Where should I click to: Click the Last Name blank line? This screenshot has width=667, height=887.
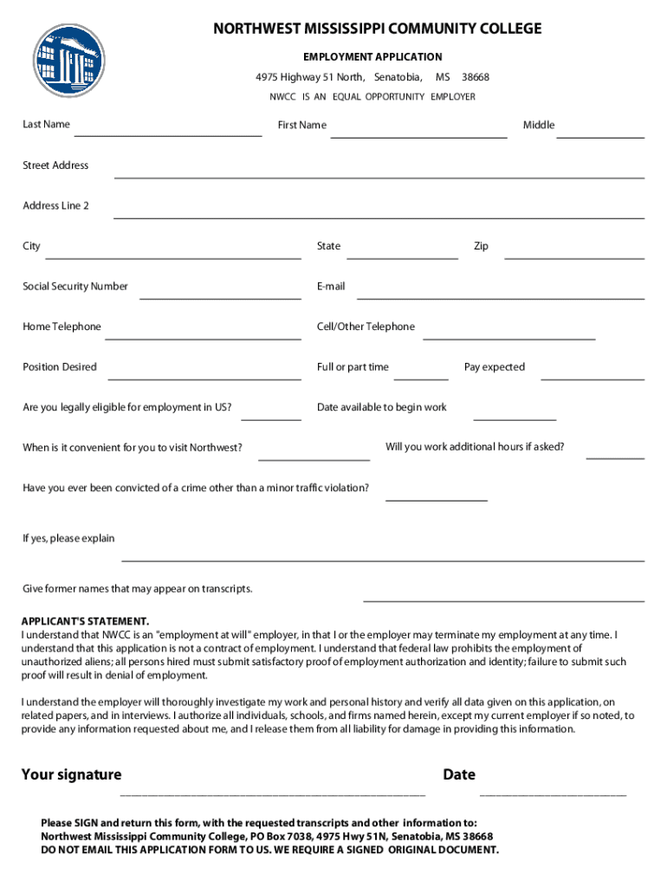click(168, 134)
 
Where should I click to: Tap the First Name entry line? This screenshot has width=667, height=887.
click(418, 135)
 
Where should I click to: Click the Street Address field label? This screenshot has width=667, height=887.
click(55, 165)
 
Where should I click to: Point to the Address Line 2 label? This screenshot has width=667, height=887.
click(55, 206)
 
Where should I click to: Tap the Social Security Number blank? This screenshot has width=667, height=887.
click(220, 297)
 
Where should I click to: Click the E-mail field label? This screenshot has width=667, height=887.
click(331, 287)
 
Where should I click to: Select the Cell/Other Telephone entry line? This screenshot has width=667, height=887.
click(508, 338)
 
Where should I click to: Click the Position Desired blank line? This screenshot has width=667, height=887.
click(204, 378)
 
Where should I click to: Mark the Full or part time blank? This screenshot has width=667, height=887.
click(421, 378)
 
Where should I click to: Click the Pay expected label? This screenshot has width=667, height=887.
click(494, 367)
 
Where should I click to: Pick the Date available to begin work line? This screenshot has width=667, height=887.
click(515, 418)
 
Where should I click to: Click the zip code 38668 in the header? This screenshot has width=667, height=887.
click(476, 78)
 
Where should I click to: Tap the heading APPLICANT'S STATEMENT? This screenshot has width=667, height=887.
click(85, 622)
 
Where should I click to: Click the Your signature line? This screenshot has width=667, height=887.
click(273, 792)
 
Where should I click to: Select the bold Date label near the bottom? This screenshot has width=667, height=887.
click(459, 774)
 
